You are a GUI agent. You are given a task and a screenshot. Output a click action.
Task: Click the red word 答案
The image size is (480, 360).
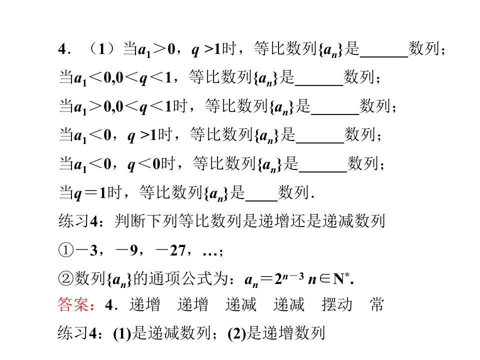[73, 304]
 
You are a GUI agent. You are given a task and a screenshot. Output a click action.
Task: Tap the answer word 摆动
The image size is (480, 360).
[337, 304]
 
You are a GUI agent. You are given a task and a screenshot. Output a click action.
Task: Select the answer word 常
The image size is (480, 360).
[376, 304]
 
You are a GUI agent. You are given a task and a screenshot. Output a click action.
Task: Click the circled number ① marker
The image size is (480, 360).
[66, 250]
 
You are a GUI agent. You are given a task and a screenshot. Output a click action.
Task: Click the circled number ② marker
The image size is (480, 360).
[66, 278]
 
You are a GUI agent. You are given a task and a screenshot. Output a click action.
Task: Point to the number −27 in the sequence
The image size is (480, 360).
[170, 250]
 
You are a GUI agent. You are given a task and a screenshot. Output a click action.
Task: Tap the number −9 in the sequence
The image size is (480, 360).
[126, 250]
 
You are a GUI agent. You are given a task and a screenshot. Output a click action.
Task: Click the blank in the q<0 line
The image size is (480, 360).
[323, 171]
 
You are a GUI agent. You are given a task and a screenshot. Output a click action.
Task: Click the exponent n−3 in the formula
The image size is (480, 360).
[293, 276]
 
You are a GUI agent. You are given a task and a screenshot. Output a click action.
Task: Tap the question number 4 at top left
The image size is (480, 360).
[62, 49]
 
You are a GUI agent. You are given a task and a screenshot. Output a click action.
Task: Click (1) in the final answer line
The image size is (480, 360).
[122, 333]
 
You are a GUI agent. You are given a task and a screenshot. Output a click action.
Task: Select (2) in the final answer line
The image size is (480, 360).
[236, 333]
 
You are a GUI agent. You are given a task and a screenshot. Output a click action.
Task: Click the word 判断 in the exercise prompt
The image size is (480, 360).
[130, 221]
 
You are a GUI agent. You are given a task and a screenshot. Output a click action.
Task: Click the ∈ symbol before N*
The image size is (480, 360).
[325, 278]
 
